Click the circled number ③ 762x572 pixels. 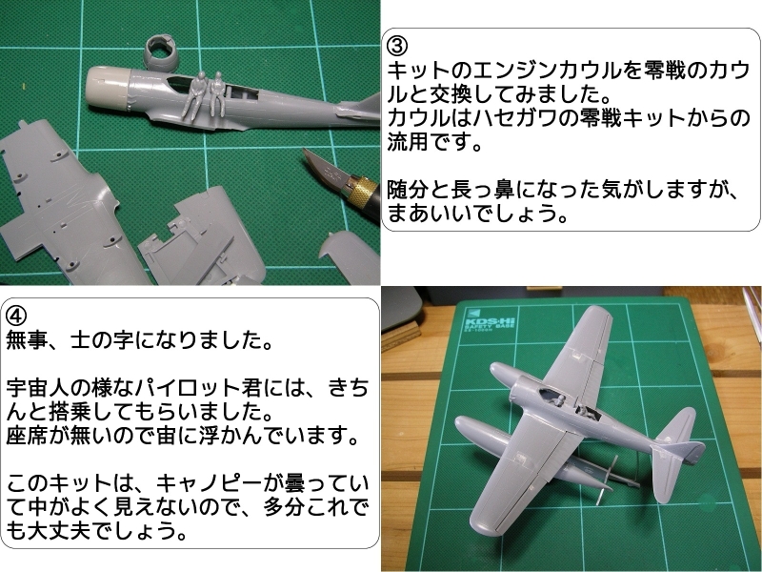click(396, 46)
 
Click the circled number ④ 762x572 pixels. click(15, 317)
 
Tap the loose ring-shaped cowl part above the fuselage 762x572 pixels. click(161, 52)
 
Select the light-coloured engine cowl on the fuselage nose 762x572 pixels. click(108, 90)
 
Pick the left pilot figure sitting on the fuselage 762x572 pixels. click(194, 96)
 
